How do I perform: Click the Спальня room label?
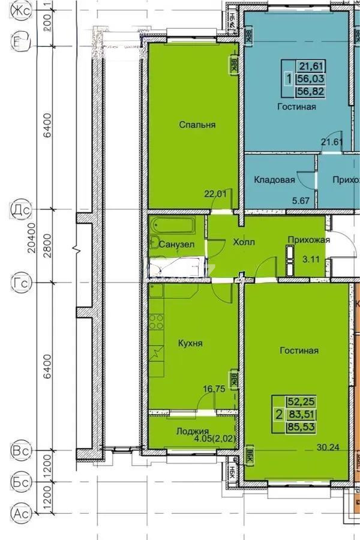point(197,125)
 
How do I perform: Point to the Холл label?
point(244,242)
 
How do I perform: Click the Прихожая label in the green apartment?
point(309,240)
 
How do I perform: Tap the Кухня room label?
point(190,343)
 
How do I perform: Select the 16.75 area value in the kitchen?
point(213,389)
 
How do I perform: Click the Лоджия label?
point(192,431)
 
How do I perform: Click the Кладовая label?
point(274,179)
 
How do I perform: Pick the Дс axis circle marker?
point(20,210)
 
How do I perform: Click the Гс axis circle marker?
point(20,281)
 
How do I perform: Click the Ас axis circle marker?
point(21,513)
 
